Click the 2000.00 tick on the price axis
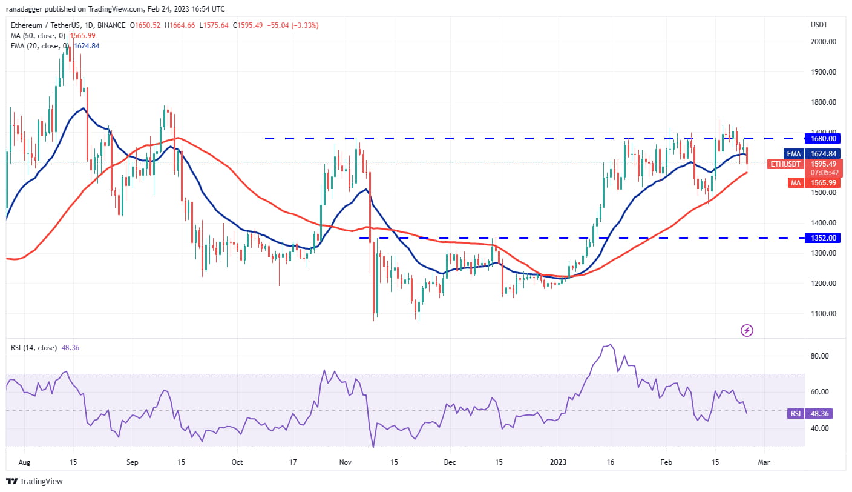(x=824, y=42)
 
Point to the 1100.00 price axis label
(x=824, y=314)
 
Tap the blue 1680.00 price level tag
(x=824, y=138)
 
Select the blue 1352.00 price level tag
(x=824, y=238)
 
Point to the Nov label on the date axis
(x=346, y=462)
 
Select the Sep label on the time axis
(x=133, y=462)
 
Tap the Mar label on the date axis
(x=764, y=462)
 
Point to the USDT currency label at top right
(x=819, y=25)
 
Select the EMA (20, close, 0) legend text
(x=37, y=46)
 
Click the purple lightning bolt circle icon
(x=747, y=330)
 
